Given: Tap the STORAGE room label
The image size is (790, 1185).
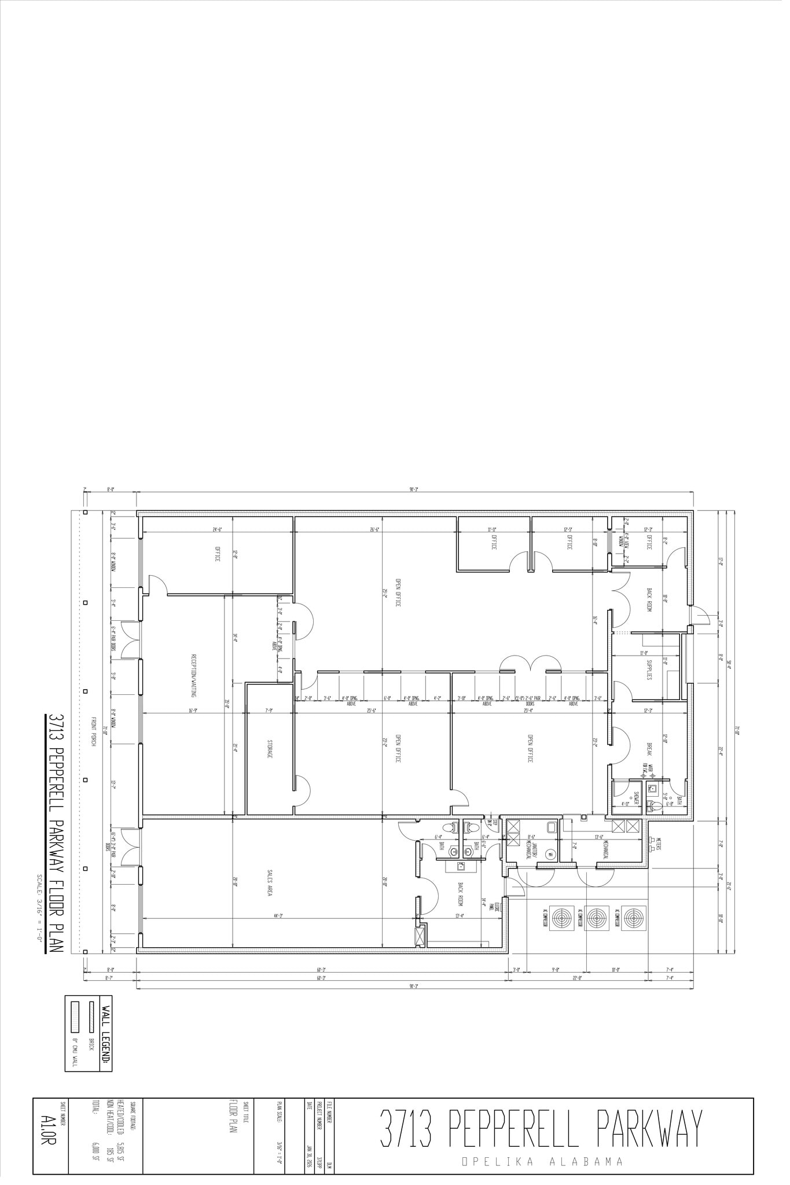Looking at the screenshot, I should point(270,748).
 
